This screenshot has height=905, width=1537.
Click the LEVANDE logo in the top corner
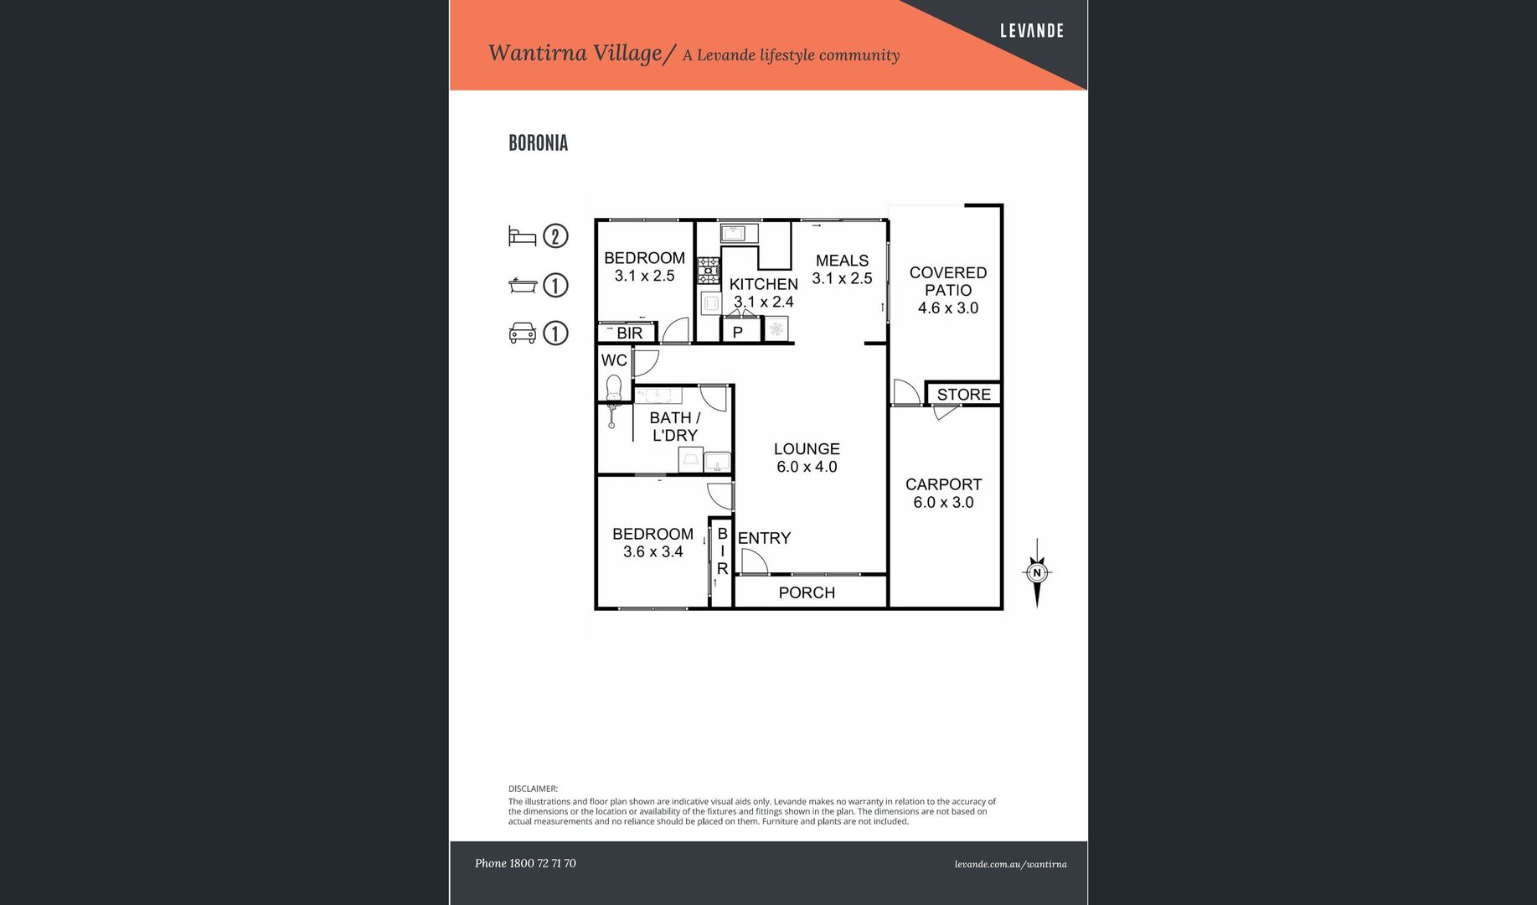tap(1031, 31)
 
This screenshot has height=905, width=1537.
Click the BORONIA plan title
tap(538, 143)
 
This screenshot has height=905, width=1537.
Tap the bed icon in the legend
tap(522, 236)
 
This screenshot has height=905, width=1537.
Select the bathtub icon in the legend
tap(522, 286)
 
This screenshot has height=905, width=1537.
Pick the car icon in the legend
tap(522, 334)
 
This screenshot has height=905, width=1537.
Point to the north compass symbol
tap(1037, 573)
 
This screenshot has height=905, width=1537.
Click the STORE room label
tap(963, 395)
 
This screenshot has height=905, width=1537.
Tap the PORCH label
tap(807, 592)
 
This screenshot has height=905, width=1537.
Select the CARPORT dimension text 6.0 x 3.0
tap(943, 503)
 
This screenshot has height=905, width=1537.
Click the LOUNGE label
tap(807, 449)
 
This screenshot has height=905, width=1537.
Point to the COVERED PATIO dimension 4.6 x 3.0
tap(948, 308)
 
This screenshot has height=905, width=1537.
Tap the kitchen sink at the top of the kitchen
tap(739, 233)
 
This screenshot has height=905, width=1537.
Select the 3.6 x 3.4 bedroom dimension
tap(653, 552)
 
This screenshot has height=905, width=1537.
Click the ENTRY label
tap(764, 538)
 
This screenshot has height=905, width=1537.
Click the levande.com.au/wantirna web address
tap(1011, 864)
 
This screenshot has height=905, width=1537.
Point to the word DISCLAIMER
tap(532, 789)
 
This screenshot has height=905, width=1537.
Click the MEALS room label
tap(842, 261)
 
